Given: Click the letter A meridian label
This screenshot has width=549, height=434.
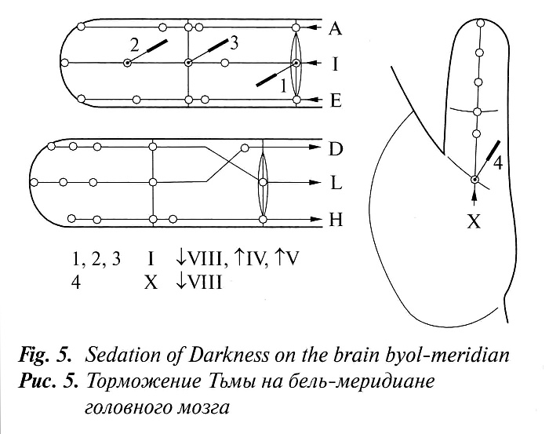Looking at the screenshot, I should (x=335, y=28).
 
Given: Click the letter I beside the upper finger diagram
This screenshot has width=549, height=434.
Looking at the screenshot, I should (x=335, y=64).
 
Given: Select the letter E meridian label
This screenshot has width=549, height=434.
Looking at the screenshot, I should (x=336, y=99).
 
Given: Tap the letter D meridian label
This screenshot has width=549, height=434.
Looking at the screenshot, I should (x=336, y=148).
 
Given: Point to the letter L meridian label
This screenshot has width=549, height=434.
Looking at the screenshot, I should (x=336, y=184).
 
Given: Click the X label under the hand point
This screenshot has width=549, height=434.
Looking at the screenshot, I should (x=474, y=222).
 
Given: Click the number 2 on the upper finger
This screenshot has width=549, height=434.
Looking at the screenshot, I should (x=134, y=46).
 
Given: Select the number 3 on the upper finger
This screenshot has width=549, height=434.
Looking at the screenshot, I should (x=233, y=43).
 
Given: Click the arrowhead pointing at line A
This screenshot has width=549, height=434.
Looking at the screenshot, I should (x=314, y=28).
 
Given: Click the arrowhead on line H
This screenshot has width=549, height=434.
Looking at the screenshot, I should (x=315, y=218).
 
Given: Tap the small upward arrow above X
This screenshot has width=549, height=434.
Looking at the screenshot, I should (x=474, y=195).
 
